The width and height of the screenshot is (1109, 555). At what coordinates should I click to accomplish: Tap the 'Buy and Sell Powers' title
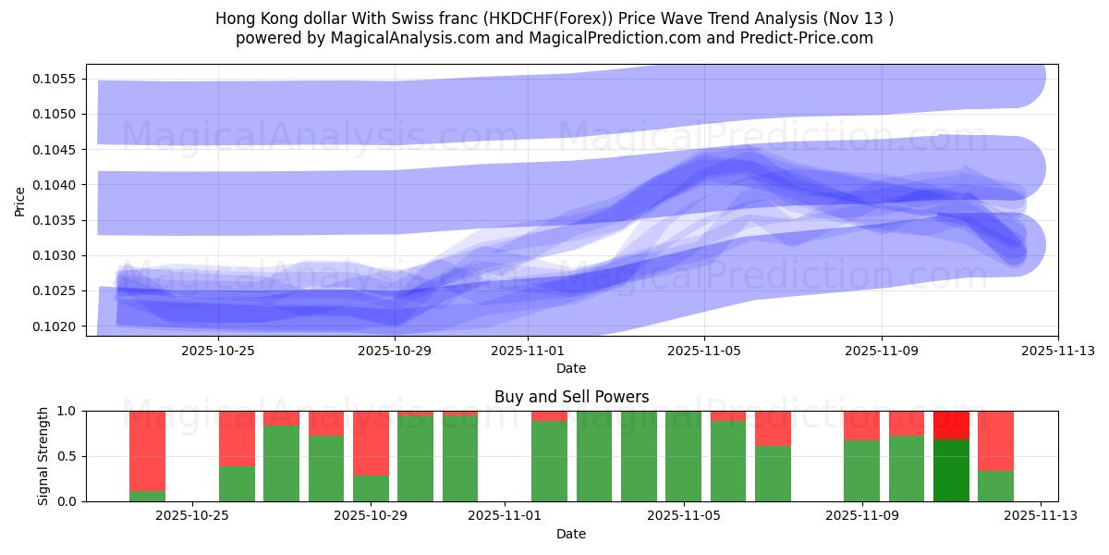[x=571, y=397]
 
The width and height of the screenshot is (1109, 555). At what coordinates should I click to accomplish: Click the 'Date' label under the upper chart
[x=571, y=368]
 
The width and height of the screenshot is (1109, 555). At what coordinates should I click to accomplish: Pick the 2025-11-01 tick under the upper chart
[x=528, y=351]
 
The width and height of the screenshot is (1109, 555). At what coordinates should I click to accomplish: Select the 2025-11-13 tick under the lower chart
[x=1041, y=516]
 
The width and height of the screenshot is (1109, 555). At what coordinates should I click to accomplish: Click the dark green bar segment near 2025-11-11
[x=951, y=470]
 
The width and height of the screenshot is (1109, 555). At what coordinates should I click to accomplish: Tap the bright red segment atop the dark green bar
[x=951, y=425]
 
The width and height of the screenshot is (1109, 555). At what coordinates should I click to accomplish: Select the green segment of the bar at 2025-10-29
[x=371, y=488]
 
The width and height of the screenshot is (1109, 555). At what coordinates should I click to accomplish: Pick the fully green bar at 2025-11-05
[x=683, y=456]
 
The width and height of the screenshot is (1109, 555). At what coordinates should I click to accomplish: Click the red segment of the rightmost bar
[x=995, y=440]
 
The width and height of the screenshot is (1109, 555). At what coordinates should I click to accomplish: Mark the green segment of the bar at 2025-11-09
[x=861, y=471]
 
